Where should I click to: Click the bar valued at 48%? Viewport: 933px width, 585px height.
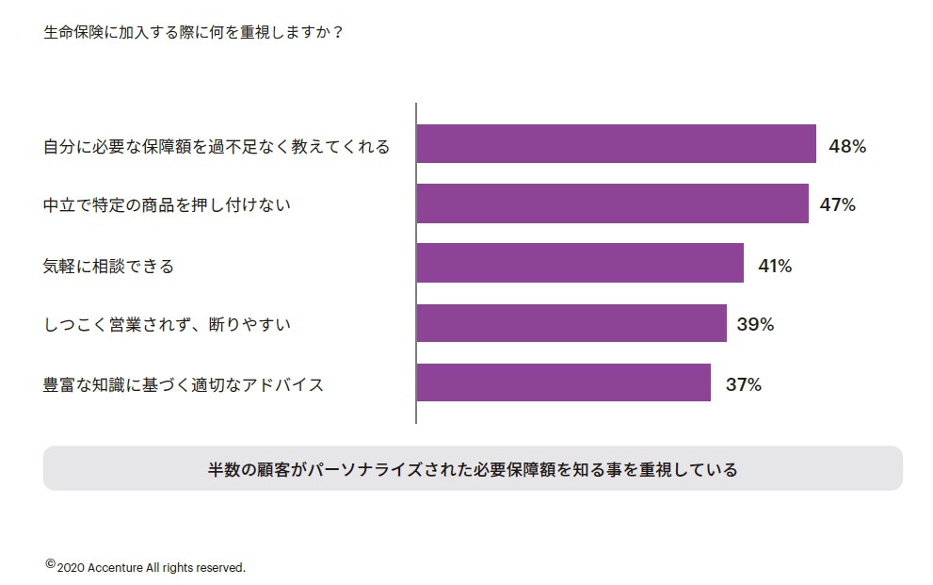616,144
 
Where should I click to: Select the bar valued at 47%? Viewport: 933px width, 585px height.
612,203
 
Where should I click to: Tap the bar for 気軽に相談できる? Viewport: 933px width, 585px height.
580,264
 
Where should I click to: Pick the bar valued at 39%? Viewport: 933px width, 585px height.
571,323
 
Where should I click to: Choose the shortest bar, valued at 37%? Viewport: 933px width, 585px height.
563,382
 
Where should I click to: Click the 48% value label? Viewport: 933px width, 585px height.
846,146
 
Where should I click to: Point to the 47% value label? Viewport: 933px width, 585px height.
837,204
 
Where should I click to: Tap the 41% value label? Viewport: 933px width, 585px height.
775,266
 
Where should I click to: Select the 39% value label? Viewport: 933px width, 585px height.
755,324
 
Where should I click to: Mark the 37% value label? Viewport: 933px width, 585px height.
743,384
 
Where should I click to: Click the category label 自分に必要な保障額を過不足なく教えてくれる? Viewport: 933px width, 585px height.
217,147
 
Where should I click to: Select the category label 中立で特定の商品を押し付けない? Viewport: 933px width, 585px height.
167,204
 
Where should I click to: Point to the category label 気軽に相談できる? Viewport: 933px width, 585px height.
109,267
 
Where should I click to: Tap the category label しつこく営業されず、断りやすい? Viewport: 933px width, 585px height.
167,325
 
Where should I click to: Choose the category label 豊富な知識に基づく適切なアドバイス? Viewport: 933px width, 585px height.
184,384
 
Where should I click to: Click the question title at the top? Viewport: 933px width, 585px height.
193,32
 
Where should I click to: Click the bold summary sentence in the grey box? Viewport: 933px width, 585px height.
473,469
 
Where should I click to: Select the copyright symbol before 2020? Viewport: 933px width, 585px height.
50,564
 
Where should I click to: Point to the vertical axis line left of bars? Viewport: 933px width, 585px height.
416,264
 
